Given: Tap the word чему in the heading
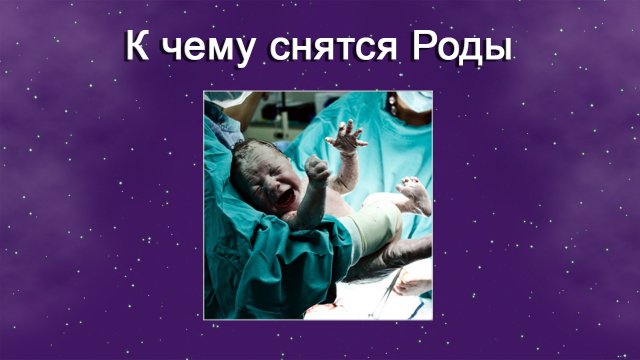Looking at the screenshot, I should [210, 48].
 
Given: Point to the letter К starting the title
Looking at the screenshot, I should [137, 46].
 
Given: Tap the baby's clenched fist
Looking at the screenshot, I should [317, 169].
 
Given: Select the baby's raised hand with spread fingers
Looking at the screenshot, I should [347, 136].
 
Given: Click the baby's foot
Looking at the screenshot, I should [416, 194].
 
